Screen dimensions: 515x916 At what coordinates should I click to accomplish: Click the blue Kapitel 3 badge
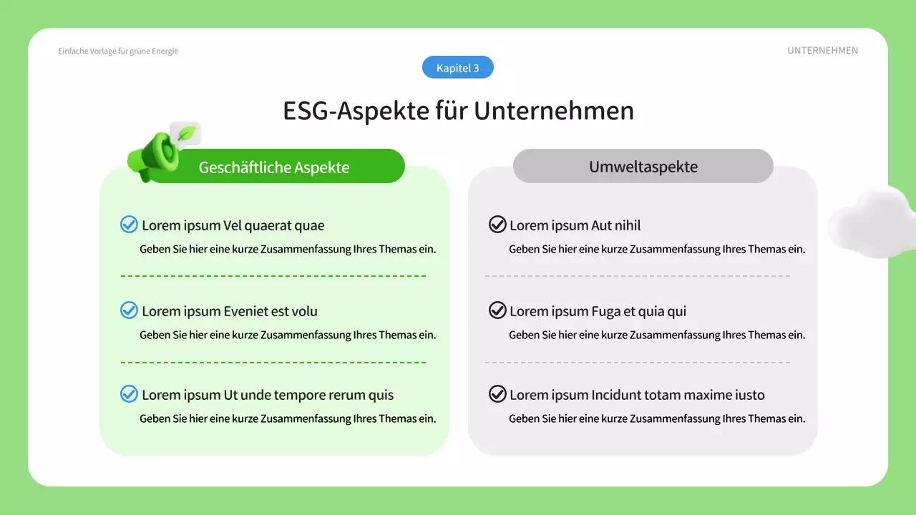(458, 68)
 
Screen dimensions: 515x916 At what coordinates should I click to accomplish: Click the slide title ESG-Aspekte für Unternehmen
(458, 111)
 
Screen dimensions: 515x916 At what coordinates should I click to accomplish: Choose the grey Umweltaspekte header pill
(643, 167)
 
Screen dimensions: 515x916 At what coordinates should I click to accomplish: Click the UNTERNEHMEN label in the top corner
(822, 51)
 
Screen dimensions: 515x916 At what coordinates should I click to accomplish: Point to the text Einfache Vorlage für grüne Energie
(118, 51)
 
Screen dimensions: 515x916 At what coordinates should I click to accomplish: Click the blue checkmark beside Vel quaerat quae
(129, 225)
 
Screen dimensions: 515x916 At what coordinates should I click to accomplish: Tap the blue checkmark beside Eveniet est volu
(129, 310)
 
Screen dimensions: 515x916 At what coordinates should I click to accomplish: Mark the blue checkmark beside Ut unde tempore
(129, 394)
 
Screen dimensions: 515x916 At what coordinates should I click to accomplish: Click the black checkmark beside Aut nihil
(497, 225)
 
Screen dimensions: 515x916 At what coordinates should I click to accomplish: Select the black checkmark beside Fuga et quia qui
(497, 310)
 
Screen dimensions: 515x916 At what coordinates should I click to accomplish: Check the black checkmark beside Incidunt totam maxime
(497, 394)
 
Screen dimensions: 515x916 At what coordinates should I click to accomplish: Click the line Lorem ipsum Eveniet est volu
(230, 311)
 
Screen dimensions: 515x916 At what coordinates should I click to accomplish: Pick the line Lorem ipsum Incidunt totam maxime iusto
(637, 395)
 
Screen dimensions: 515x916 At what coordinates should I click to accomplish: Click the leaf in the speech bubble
(187, 133)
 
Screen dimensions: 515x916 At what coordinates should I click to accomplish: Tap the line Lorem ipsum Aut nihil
(575, 226)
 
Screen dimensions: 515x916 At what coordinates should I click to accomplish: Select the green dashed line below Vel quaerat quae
(273, 275)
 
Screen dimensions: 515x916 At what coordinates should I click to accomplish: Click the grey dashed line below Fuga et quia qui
(637, 362)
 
